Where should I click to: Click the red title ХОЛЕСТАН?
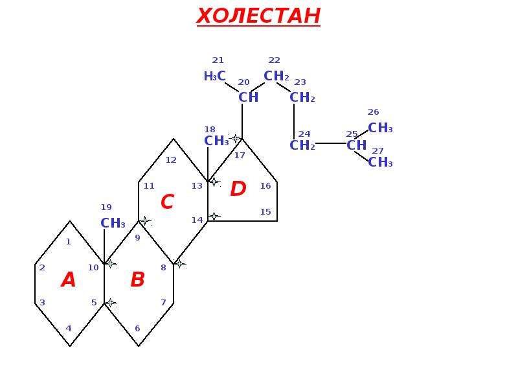point(258,16)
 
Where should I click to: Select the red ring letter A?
point(69,279)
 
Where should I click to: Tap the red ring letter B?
point(137,279)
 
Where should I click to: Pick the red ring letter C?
point(168,202)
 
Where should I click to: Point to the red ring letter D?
point(238,189)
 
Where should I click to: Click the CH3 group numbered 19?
point(113,223)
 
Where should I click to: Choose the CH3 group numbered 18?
point(217,141)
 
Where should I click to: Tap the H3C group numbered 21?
point(215,77)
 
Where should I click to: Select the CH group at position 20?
point(249,97)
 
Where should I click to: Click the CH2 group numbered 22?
point(276,76)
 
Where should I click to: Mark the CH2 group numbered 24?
point(302,145)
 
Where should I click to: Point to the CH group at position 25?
point(357,145)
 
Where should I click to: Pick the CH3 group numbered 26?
point(380,128)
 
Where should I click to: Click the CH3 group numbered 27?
point(380,162)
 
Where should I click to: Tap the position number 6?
point(137,329)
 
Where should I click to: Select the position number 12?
point(171,160)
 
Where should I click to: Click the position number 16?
point(265,186)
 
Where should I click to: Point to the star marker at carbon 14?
point(214,217)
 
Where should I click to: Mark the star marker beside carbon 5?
point(110,303)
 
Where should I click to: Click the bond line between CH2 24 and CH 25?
point(331,143)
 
